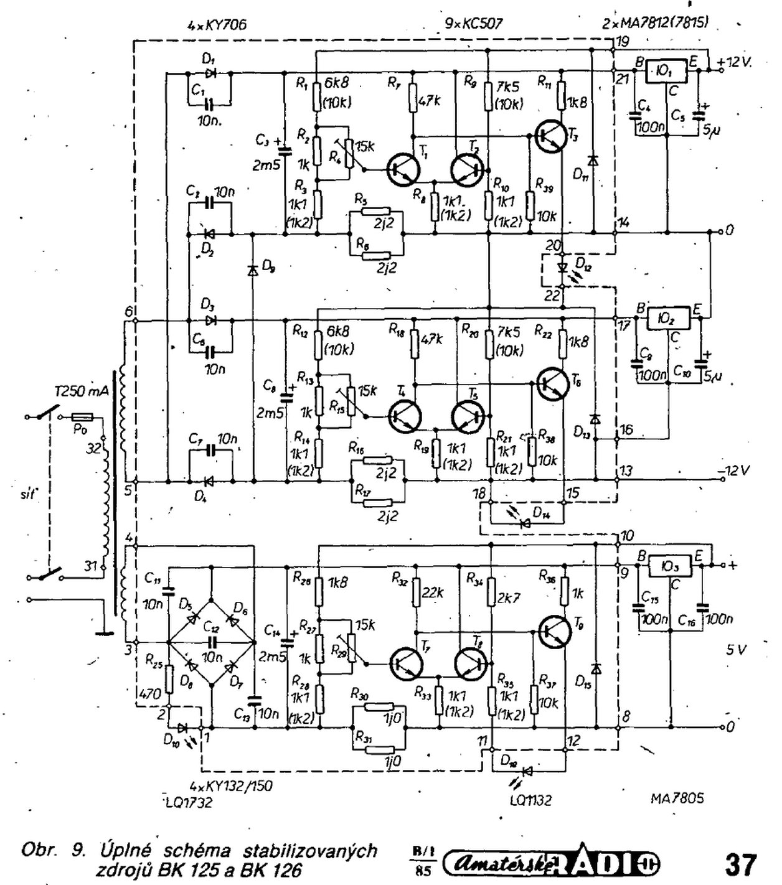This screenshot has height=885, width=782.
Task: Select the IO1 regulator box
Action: click(665, 71)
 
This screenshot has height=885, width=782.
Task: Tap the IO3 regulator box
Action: click(671, 566)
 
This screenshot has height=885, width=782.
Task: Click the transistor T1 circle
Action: click(402, 169)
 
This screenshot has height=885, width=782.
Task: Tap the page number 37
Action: click(740, 864)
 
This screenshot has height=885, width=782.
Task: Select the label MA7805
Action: click(677, 798)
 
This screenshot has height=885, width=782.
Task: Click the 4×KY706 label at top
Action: click(217, 25)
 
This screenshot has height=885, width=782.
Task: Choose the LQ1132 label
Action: click(530, 800)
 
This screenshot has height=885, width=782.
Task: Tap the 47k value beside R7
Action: click(430, 100)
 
